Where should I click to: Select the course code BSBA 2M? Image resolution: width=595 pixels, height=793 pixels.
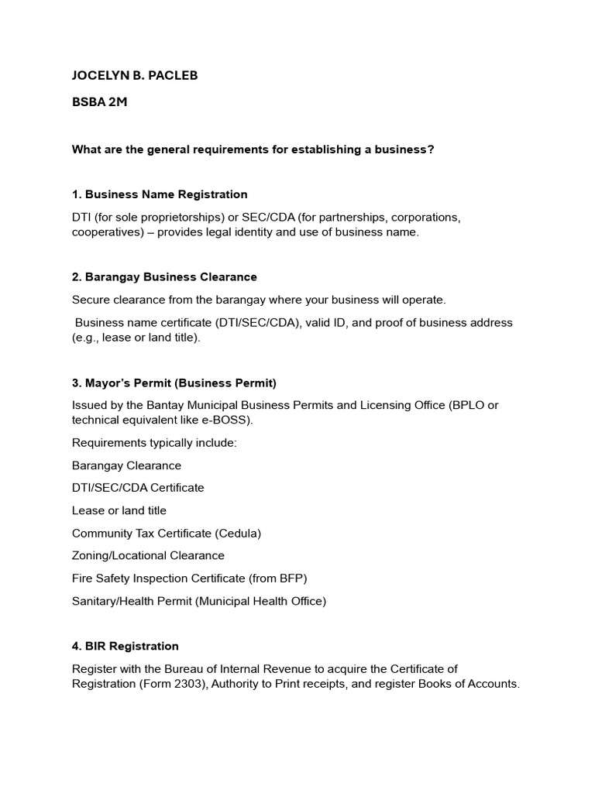pos(99,101)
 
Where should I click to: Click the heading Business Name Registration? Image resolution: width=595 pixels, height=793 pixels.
pos(166,194)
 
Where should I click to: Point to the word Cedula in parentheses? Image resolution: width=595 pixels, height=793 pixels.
pos(238,533)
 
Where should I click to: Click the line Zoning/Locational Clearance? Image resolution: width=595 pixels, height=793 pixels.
pos(148,555)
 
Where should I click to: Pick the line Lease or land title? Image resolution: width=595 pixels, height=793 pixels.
pos(119,510)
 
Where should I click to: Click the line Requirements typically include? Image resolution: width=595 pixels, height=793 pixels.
pos(154,443)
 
